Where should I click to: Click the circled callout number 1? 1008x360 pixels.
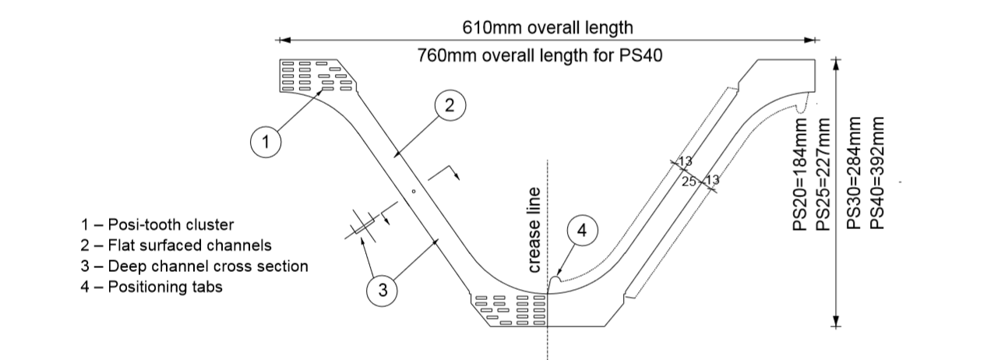(266, 142)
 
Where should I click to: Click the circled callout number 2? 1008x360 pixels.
(450, 105)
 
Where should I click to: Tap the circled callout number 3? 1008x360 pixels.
(382, 291)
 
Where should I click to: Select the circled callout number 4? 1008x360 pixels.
(583, 231)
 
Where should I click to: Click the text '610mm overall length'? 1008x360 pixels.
(548, 28)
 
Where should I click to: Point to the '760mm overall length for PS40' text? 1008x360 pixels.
(540, 56)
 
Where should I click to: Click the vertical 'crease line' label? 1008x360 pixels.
(534, 231)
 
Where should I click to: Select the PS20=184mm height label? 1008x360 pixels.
(800, 174)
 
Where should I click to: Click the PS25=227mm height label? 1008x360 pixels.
(823, 174)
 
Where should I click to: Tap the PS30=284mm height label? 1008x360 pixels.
(854, 173)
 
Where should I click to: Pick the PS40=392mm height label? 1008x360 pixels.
(877, 173)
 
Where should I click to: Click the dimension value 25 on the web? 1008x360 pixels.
(689, 182)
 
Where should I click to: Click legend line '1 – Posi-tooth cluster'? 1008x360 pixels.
(157, 224)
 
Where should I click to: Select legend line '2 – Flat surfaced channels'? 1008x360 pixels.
(176, 245)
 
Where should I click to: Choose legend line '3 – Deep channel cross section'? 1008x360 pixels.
(195, 266)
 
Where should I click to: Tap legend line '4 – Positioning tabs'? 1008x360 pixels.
(152, 287)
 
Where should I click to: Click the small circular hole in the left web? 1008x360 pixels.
(414, 192)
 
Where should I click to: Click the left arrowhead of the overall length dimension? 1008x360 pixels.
(284, 40)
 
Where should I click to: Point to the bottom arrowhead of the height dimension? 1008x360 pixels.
(836, 320)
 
